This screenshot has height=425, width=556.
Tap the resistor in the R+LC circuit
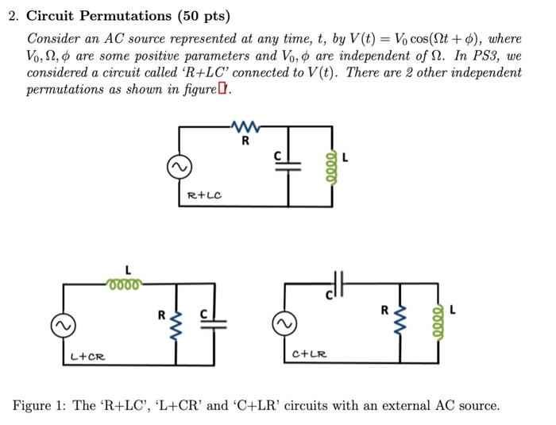point(245,126)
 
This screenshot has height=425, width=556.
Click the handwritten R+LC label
point(204,195)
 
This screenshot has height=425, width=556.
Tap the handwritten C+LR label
point(310,353)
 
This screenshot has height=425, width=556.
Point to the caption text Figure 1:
point(40,405)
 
